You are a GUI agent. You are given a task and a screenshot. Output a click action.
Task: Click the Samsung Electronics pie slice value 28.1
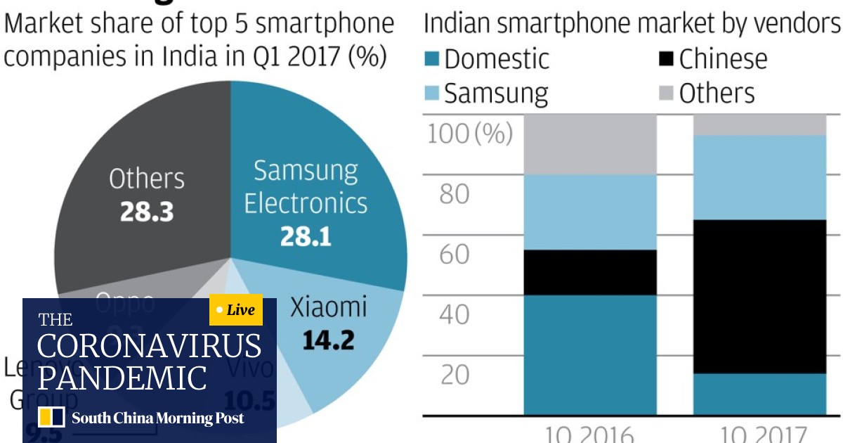click(306, 236)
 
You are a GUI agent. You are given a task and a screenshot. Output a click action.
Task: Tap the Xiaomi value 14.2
click(329, 340)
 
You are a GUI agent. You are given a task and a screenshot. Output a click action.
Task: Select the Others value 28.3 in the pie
click(146, 212)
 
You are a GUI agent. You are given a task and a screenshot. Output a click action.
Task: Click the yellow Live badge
click(236, 310)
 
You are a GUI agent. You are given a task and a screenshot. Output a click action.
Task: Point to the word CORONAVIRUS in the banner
click(149, 347)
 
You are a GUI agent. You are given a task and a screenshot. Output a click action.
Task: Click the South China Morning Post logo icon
click(51, 418)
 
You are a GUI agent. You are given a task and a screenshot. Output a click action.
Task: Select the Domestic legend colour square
click(432, 59)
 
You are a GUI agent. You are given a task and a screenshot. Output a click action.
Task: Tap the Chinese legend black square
click(666, 59)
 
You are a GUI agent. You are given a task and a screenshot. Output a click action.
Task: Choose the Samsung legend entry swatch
click(432, 94)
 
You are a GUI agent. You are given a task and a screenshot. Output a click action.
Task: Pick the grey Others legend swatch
click(666, 94)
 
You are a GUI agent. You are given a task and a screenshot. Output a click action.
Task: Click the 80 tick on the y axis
click(454, 193)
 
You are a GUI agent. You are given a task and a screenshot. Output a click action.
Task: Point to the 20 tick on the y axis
click(454, 375)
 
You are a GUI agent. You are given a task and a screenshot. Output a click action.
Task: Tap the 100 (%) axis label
click(470, 133)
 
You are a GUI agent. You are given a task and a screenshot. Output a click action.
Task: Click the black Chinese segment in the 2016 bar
click(590, 272)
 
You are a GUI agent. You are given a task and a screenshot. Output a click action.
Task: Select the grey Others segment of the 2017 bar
click(759, 124)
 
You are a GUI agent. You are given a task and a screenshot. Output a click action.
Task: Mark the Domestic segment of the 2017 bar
click(759, 394)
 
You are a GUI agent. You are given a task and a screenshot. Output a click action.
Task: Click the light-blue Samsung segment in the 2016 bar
click(590, 212)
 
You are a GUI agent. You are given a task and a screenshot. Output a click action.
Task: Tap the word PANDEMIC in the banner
click(122, 378)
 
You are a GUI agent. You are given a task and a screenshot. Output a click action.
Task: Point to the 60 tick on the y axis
click(454, 254)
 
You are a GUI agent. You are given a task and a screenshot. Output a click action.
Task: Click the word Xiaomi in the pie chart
click(329, 307)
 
